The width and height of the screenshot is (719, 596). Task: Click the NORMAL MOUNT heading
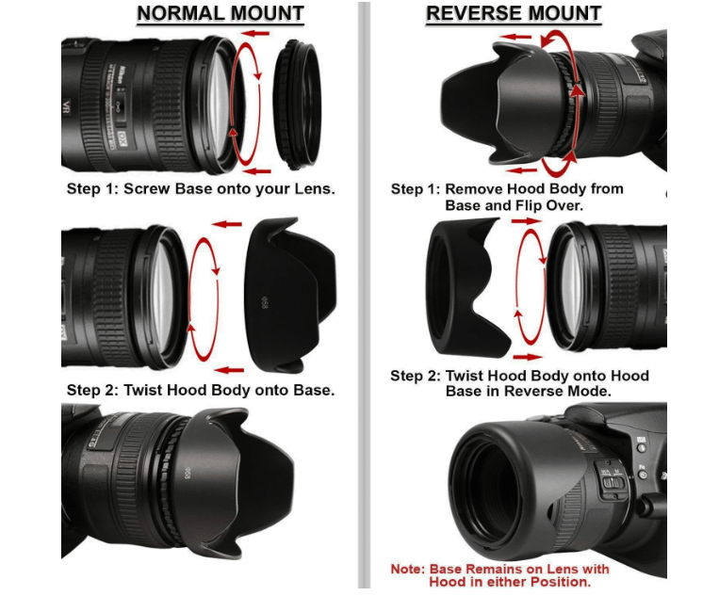(220, 14)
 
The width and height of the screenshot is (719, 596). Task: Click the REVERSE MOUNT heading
(514, 14)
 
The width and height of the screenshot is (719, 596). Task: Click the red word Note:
(408, 569)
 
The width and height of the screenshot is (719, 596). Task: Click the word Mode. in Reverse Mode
(590, 391)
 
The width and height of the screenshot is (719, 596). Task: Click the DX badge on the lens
(121, 142)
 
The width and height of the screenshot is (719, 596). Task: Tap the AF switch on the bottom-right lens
(612, 483)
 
